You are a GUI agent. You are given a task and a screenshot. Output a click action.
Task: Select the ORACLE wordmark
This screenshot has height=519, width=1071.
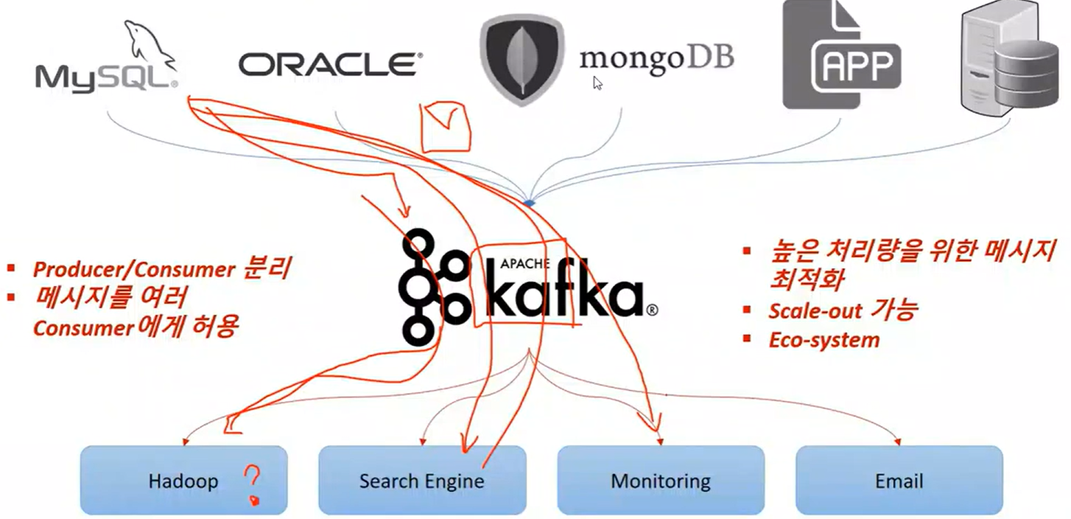click(330, 64)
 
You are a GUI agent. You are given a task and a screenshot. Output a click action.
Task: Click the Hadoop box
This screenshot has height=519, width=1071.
click(183, 480)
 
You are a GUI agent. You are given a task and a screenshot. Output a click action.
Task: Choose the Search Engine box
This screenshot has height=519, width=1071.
click(421, 480)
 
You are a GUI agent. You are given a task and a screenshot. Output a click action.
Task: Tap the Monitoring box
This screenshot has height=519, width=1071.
click(660, 480)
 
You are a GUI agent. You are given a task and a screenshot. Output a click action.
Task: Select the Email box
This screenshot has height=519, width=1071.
click(899, 480)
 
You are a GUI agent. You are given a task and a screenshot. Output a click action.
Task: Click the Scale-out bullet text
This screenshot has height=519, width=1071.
click(841, 310)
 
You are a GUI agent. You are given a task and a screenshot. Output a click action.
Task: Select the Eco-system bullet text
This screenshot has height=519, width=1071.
click(824, 340)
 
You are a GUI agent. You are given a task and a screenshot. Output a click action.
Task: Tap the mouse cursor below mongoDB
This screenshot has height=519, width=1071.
click(597, 83)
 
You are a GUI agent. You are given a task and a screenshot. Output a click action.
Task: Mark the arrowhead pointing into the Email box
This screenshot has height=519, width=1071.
click(899, 442)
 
